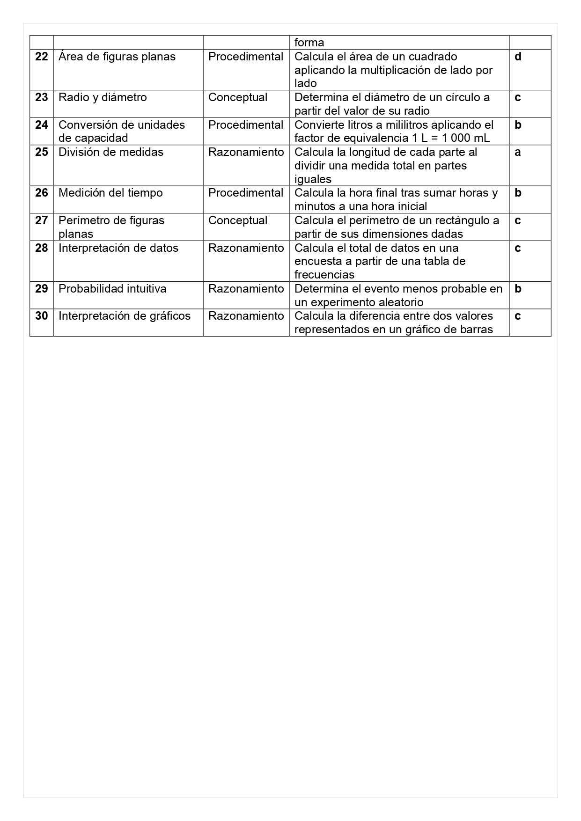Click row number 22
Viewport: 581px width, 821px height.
[x=42, y=57]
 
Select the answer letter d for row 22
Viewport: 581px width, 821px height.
[x=518, y=57]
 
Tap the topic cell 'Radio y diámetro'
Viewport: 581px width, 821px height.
[x=103, y=97]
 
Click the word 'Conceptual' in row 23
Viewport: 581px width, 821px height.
[x=238, y=97]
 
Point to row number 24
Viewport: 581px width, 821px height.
[x=42, y=125]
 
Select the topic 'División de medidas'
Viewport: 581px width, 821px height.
[x=111, y=152]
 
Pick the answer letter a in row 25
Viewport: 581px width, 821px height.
[x=518, y=152]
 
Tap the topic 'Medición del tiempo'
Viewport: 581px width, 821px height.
[x=110, y=193]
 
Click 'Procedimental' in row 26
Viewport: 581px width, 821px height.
[x=246, y=193]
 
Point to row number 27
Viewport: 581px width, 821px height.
[x=42, y=220]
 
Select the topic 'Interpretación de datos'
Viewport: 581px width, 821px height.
[x=118, y=248]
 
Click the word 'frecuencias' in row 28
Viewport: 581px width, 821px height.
[x=324, y=275]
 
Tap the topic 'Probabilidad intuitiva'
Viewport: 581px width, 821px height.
[x=112, y=289]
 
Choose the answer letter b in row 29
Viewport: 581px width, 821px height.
[x=518, y=289]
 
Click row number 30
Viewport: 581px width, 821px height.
[x=42, y=316]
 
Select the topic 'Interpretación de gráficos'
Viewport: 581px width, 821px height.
[x=125, y=316]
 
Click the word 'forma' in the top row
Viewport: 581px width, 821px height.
[x=309, y=43]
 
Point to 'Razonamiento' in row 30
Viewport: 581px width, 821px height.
[x=246, y=316]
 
